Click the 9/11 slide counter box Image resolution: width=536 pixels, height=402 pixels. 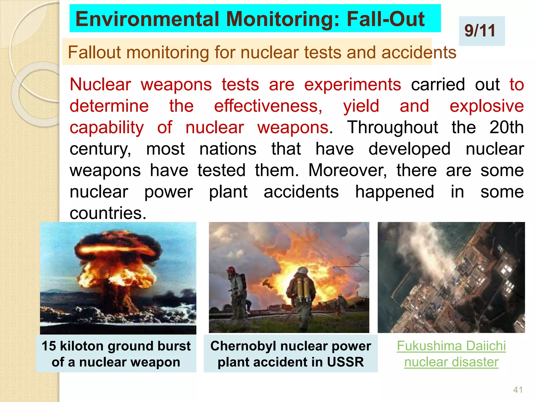click(482, 31)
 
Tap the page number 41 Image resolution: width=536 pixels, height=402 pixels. click(518, 390)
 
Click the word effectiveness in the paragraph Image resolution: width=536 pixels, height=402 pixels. click(268, 106)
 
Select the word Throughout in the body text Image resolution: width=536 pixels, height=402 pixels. click(393, 128)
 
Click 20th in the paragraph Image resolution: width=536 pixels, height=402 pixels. click(506, 127)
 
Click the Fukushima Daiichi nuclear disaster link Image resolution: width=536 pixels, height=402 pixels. click(451, 354)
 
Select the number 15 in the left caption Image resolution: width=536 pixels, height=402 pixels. click(49, 346)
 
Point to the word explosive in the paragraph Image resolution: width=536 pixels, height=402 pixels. click(487, 106)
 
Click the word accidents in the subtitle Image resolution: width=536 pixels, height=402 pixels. click(418, 52)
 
